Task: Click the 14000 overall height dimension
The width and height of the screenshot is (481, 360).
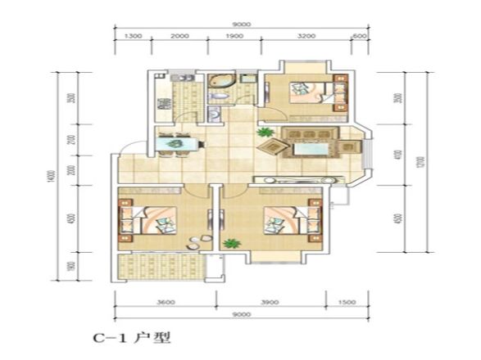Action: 51,176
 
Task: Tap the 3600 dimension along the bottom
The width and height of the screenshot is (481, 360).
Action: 164,303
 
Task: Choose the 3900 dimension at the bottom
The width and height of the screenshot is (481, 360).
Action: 268,303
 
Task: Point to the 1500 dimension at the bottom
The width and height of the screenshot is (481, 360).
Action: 347,303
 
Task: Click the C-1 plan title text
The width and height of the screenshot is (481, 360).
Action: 131,336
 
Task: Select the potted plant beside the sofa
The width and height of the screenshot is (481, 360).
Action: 263,132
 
